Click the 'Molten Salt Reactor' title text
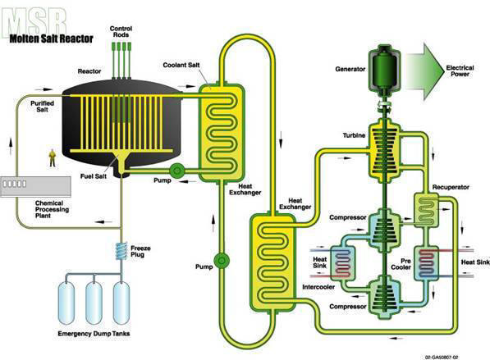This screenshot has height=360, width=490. pyautogui.click(x=51, y=39)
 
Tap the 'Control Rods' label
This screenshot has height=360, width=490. pyautogui.click(x=121, y=31)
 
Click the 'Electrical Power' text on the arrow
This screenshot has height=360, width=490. pyautogui.click(x=460, y=71)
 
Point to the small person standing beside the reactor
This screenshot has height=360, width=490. pyautogui.click(x=53, y=158)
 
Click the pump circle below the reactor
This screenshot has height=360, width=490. pyautogui.click(x=176, y=171)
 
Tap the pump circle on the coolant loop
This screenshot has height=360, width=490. pyautogui.click(x=222, y=261)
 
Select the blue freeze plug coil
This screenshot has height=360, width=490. pyautogui.click(x=121, y=251)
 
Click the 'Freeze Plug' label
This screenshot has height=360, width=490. pyautogui.click(x=140, y=252)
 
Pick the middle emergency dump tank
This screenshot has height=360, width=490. pyautogui.click(x=94, y=303)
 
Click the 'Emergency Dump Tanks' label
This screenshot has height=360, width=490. pyautogui.click(x=94, y=334)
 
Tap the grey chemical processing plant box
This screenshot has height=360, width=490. pyautogui.click(x=35, y=187)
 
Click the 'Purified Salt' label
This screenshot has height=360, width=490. pyautogui.click(x=42, y=106)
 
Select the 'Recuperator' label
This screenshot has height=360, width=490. pyautogui.click(x=451, y=187)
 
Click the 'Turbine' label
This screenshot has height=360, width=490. pyautogui.click(x=354, y=135)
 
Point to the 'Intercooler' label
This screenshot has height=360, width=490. pyautogui.click(x=318, y=287)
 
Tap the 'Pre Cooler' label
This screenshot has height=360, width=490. pyautogui.click(x=401, y=264)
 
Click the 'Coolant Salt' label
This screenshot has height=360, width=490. pyautogui.click(x=181, y=65)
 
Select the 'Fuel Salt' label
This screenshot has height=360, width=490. pyautogui.click(x=94, y=176)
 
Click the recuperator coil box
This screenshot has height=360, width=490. pyautogui.click(x=426, y=209)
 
